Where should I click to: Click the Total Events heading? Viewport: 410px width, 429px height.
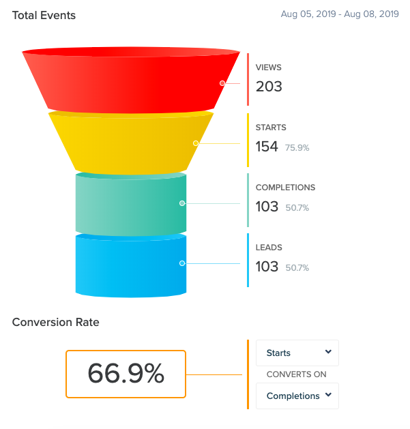(44, 15)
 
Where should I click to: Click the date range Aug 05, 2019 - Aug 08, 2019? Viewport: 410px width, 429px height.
(340, 14)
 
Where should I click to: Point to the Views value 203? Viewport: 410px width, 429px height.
(269, 87)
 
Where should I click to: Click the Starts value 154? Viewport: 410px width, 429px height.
(267, 147)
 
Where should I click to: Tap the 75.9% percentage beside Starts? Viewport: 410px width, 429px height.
(297, 148)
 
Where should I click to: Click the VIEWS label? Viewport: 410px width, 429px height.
(269, 68)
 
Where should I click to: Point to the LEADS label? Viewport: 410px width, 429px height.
(269, 248)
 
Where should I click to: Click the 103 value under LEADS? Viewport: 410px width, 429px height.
(267, 267)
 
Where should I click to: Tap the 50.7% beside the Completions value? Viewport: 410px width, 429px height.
(297, 208)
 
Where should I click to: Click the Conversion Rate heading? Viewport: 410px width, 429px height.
(56, 322)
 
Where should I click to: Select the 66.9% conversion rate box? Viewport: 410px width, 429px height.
(126, 374)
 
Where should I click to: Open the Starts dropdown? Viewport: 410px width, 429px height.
(297, 353)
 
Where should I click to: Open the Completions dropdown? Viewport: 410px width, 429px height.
(297, 396)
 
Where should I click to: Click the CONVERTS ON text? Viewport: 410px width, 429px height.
(296, 374)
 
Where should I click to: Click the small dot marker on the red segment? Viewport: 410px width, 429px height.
(222, 83)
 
